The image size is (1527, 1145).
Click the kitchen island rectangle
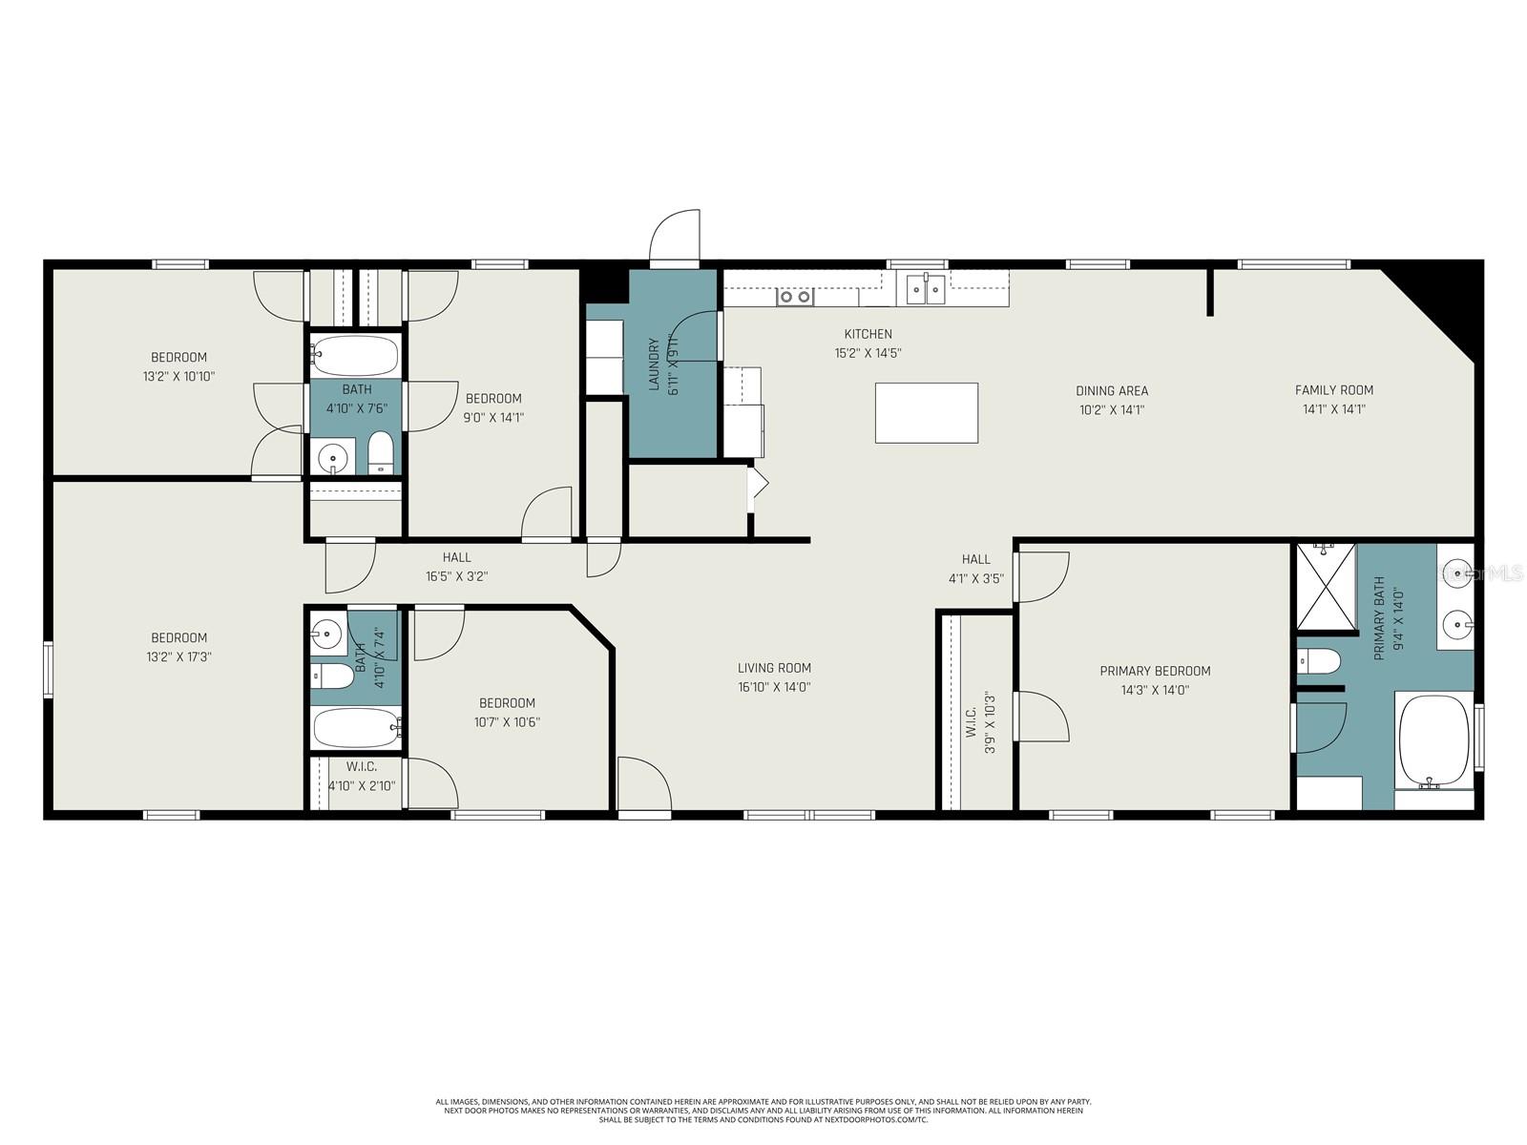tap(927, 413)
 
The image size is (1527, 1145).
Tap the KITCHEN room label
tap(868, 334)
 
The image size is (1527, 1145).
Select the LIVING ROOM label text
tap(774, 668)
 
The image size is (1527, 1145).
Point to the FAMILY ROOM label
tap(1333, 390)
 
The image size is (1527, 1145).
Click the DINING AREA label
tap(1112, 391)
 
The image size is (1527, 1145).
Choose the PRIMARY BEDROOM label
tap(1155, 671)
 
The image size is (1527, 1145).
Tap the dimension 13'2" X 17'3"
tap(178, 657)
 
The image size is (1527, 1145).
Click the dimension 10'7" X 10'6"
tap(507, 722)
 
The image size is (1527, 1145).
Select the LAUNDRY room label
tap(655, 364)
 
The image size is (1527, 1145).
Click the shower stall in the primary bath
tap(1326, 587)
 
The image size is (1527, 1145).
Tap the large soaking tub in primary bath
tap(1433, 739)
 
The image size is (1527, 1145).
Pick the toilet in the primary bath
tap(1319, 660)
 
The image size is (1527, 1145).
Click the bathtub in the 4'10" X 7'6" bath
tap(355, 355)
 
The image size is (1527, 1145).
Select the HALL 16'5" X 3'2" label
tap(456, 567)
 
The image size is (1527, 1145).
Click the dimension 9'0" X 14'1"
tap(493, 418)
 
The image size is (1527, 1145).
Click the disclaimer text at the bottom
tap(763, 1111)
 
